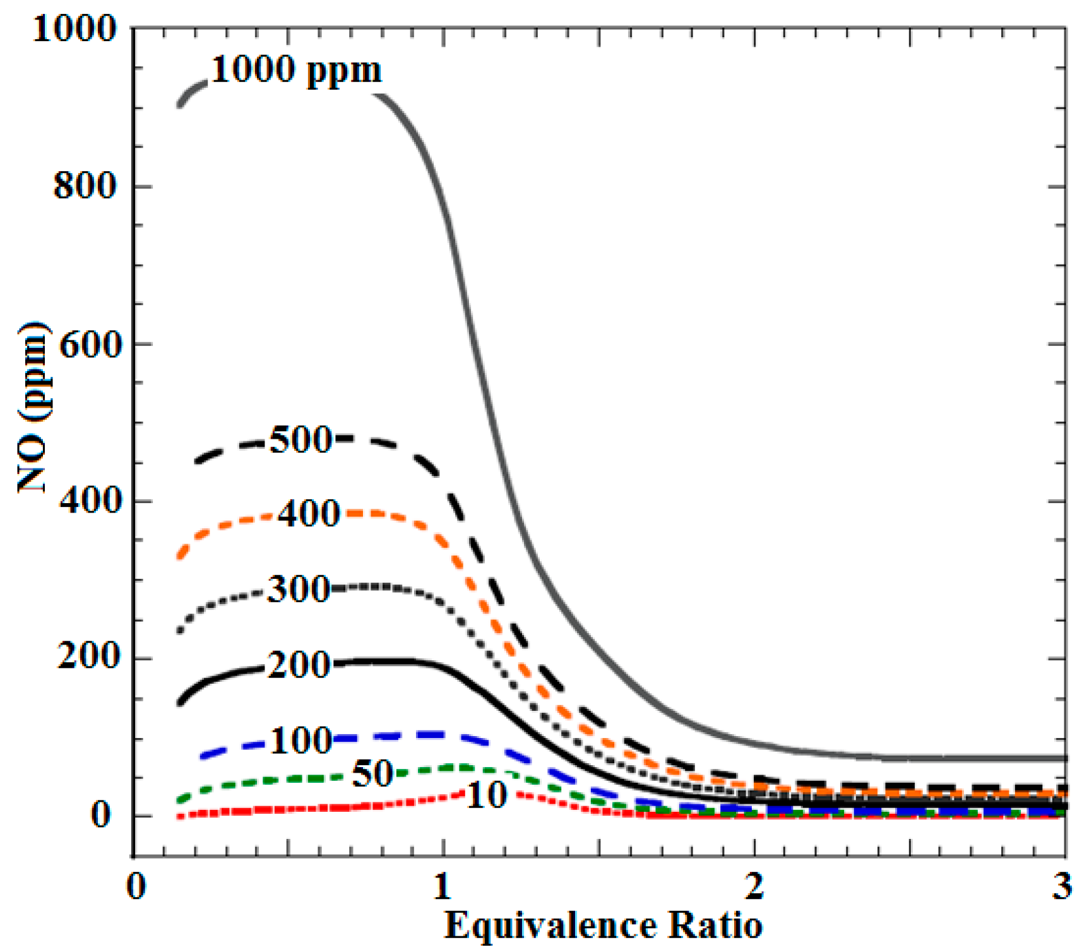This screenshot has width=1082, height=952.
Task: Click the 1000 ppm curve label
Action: pyautogui.click(x=295, y=69)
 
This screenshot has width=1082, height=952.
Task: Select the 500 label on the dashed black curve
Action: pyautogui.click(x=300, y=440)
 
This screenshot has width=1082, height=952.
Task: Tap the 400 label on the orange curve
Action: pyautogui.click(x=309, y=514)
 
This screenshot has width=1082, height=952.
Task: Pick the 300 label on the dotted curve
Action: pyautogui.click(x=298, y=590)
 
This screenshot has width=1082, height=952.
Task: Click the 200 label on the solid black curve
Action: pyautogui.click(x=298, y=665)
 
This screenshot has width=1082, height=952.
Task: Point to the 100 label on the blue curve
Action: pyautogui.click(x=300, y=740)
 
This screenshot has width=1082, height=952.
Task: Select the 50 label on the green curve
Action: pyautogui.click(x=372, y=773)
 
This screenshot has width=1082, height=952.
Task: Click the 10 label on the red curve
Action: pyautogui.click(x=486, y=795)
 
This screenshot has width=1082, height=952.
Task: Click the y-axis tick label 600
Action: pyautogui.click(x=88, y=344)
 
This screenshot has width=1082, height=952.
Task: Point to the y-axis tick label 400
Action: pyautogui.click(x=88, y=501)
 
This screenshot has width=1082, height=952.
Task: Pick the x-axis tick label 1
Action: pyautogui.click(x=443, y=887)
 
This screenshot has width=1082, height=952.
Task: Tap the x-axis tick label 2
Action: pyautogui.click(x=754, y=887)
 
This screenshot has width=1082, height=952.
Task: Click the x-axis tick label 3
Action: pyautogui.click(x=1062, y=887)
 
